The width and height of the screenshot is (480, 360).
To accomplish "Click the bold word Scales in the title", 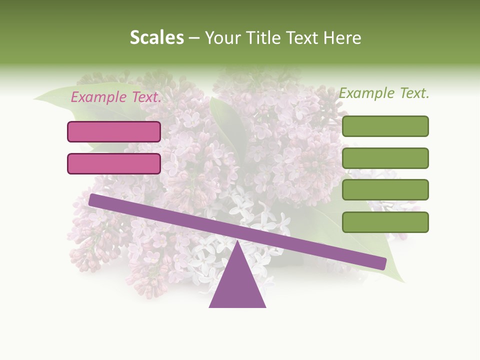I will (x=156, y=38).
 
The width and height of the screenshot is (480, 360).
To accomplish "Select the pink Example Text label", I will (x=116, y=97).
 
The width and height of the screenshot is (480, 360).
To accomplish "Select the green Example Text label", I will (x=384, y=93).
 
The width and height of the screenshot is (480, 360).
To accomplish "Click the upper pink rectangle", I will (x=114, y=131).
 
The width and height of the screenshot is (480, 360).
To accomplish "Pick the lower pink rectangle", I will (x=114, y=163).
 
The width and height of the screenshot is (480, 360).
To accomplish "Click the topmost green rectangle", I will (x=385, y=126).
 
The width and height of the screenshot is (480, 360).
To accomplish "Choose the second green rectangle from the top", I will (x=385, y=158).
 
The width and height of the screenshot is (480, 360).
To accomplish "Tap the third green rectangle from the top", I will (x=385, y=189).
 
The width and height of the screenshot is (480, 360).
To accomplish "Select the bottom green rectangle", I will (x=385, y=222).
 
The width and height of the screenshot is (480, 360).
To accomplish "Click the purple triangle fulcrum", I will (x=237, y=285).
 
